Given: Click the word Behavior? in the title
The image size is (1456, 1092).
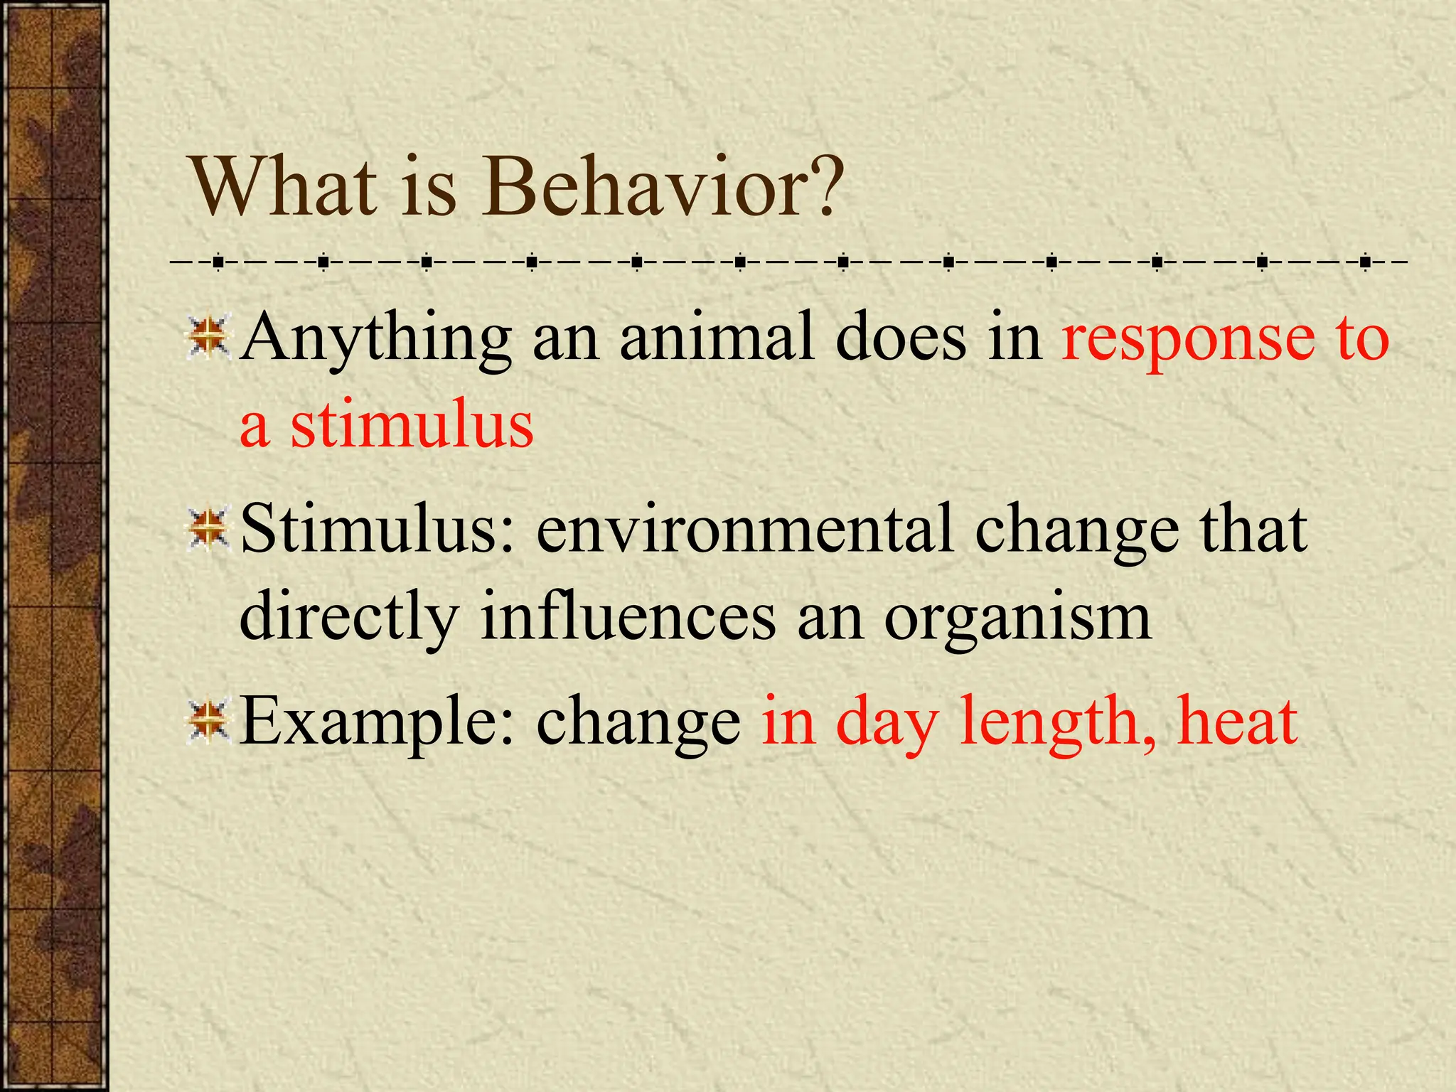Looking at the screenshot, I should click(x=663, y=186).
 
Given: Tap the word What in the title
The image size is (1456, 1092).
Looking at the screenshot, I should click(x=284, y=186).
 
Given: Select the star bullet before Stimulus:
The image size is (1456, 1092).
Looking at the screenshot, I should click(x=208, y=529).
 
